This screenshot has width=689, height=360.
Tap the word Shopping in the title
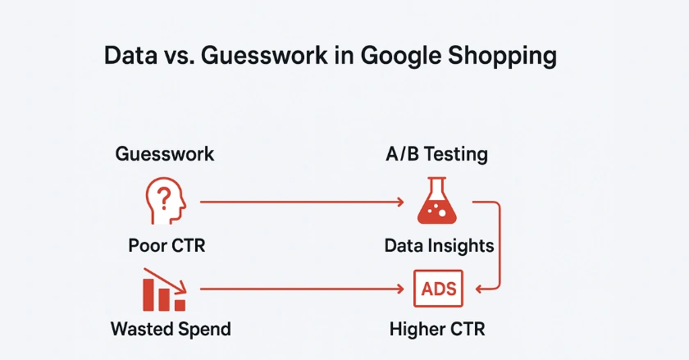(x=502, y=57)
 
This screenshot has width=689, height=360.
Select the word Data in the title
(x=130, y=56)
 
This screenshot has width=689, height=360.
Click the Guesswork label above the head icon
(x=165, y=154)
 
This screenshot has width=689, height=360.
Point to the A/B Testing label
(x=436, y=154)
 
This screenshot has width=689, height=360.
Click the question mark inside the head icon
(x=164, y=198)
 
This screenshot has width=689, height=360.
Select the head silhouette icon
(x=166, y=200)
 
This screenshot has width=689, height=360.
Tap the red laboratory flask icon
(x=436, y=200)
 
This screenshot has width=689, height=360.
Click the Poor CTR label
(x=167, y=245)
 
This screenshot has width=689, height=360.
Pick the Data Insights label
(x=439, y=246)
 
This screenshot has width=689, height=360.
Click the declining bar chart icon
(x=165, y=289)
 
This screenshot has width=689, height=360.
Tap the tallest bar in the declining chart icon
(x=148, y=294)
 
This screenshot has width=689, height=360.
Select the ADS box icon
(x=438, y=289)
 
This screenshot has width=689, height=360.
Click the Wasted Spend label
(x=171, y=329)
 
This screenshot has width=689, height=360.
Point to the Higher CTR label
(x=437, y=329)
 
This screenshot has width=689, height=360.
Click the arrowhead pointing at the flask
(x=401, y=203)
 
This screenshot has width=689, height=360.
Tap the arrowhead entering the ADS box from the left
(x=401, y=289)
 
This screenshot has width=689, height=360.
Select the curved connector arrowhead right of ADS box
(x=479, y=289)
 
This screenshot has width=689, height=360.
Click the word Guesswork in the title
(x=264, y=56)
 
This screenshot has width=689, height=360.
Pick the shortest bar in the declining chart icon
(x=180, y=305)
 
